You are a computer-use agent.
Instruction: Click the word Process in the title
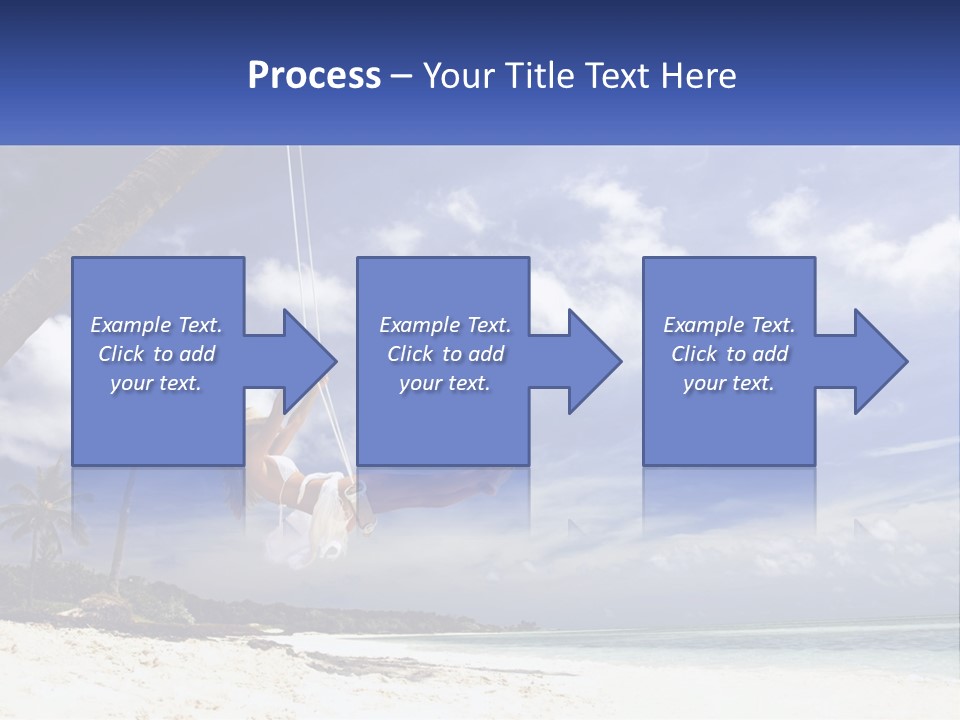click(x=314, y=76)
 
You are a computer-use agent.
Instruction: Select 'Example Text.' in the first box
click(x=156, y=325)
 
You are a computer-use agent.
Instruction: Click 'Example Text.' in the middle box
click(x=445, y=325)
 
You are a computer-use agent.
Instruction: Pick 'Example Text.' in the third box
click(x=729, y=325)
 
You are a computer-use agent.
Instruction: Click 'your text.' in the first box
click(x=156, y=383)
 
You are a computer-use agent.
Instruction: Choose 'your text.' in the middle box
click(x=445, y=383)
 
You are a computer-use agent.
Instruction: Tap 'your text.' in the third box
click(x=729, y=383)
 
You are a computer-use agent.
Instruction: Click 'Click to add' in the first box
click(x=156, y=354)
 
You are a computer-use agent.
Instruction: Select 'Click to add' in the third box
click(x=729, y=354)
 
